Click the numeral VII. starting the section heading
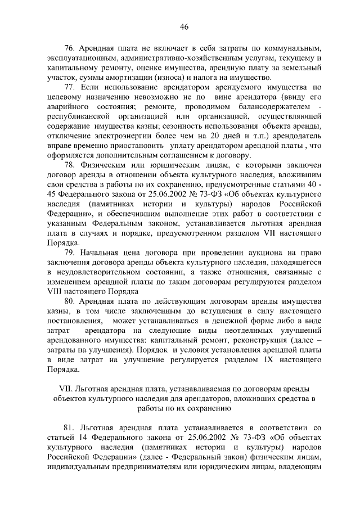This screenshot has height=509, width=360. tap(66, 389)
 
